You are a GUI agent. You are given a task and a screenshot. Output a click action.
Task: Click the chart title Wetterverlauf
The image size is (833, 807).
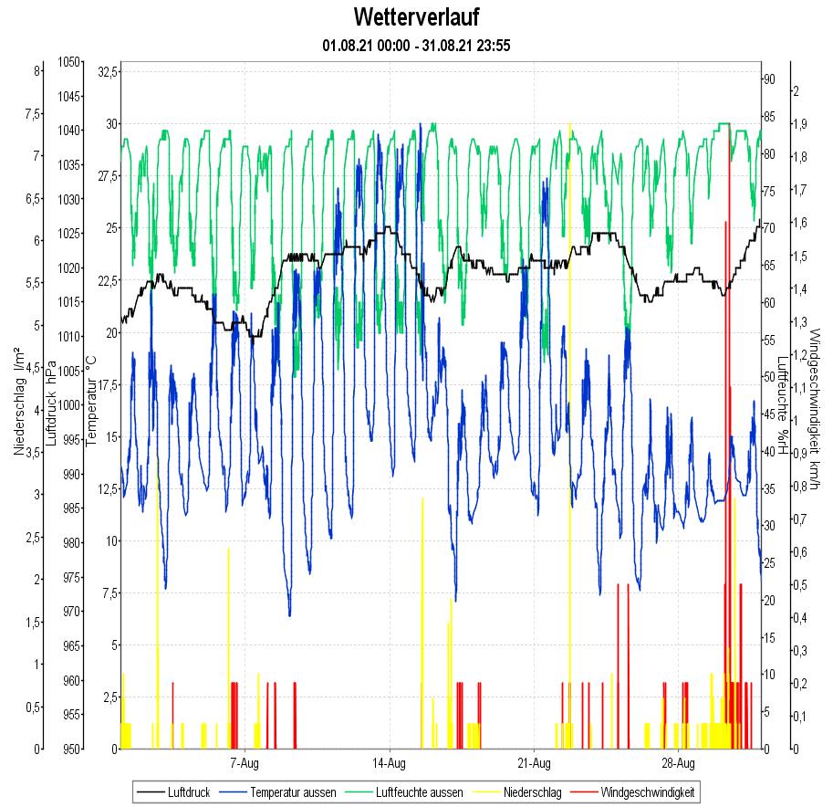(415, 17)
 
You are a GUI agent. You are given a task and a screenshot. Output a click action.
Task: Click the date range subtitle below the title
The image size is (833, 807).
(415, 45)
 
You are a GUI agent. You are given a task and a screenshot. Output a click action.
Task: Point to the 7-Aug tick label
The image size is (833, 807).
(245, 761)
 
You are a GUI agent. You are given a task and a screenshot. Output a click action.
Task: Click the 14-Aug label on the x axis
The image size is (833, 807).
(390, 761)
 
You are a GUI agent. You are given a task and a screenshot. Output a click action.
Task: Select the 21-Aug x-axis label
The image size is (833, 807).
(534, 761)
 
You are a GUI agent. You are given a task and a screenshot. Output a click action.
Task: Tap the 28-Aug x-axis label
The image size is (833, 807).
(678, 761)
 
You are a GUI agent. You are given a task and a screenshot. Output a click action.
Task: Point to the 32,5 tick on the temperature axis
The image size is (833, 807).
(108, 71)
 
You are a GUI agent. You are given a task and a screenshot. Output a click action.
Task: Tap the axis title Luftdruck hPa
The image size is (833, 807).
(52, 402)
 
